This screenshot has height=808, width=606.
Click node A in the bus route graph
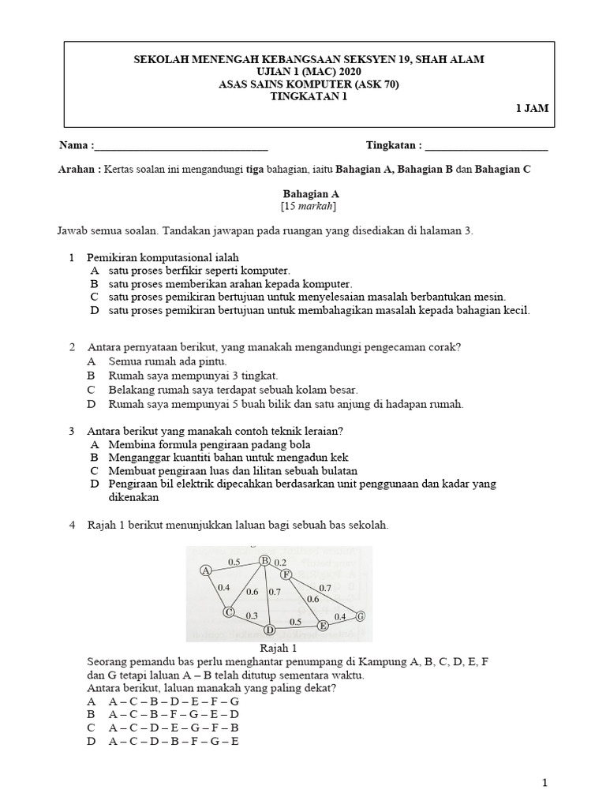[206, 570]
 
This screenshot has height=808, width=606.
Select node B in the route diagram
[265, 560]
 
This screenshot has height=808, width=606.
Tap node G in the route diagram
[361, 616]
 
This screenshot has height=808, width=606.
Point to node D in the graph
[269, 630]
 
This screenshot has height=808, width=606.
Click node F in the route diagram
[286, 574]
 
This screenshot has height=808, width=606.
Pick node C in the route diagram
[229, 612]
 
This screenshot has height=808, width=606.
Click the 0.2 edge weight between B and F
[281, 562]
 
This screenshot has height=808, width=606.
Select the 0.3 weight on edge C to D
[252, 615]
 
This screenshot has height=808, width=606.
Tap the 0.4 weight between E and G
[340, 615]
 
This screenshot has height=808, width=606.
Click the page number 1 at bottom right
[544, 782]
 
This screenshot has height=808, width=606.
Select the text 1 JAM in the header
[533, 110]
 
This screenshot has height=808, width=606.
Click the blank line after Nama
[181, 147]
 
